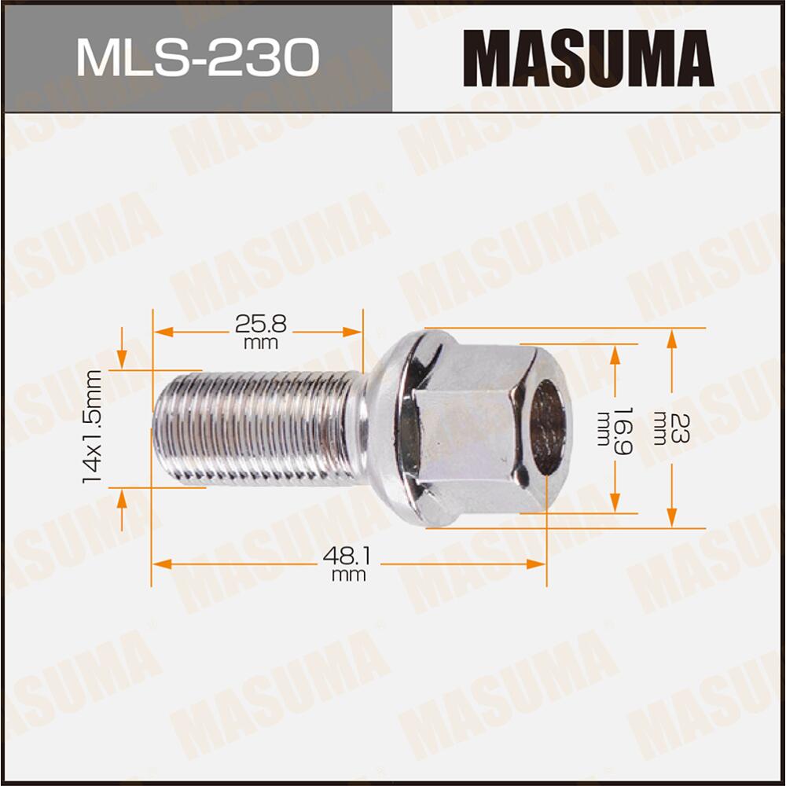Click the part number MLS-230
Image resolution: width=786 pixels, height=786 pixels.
coord(196,57)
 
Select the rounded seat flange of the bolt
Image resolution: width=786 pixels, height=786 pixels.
coord(385,428)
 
